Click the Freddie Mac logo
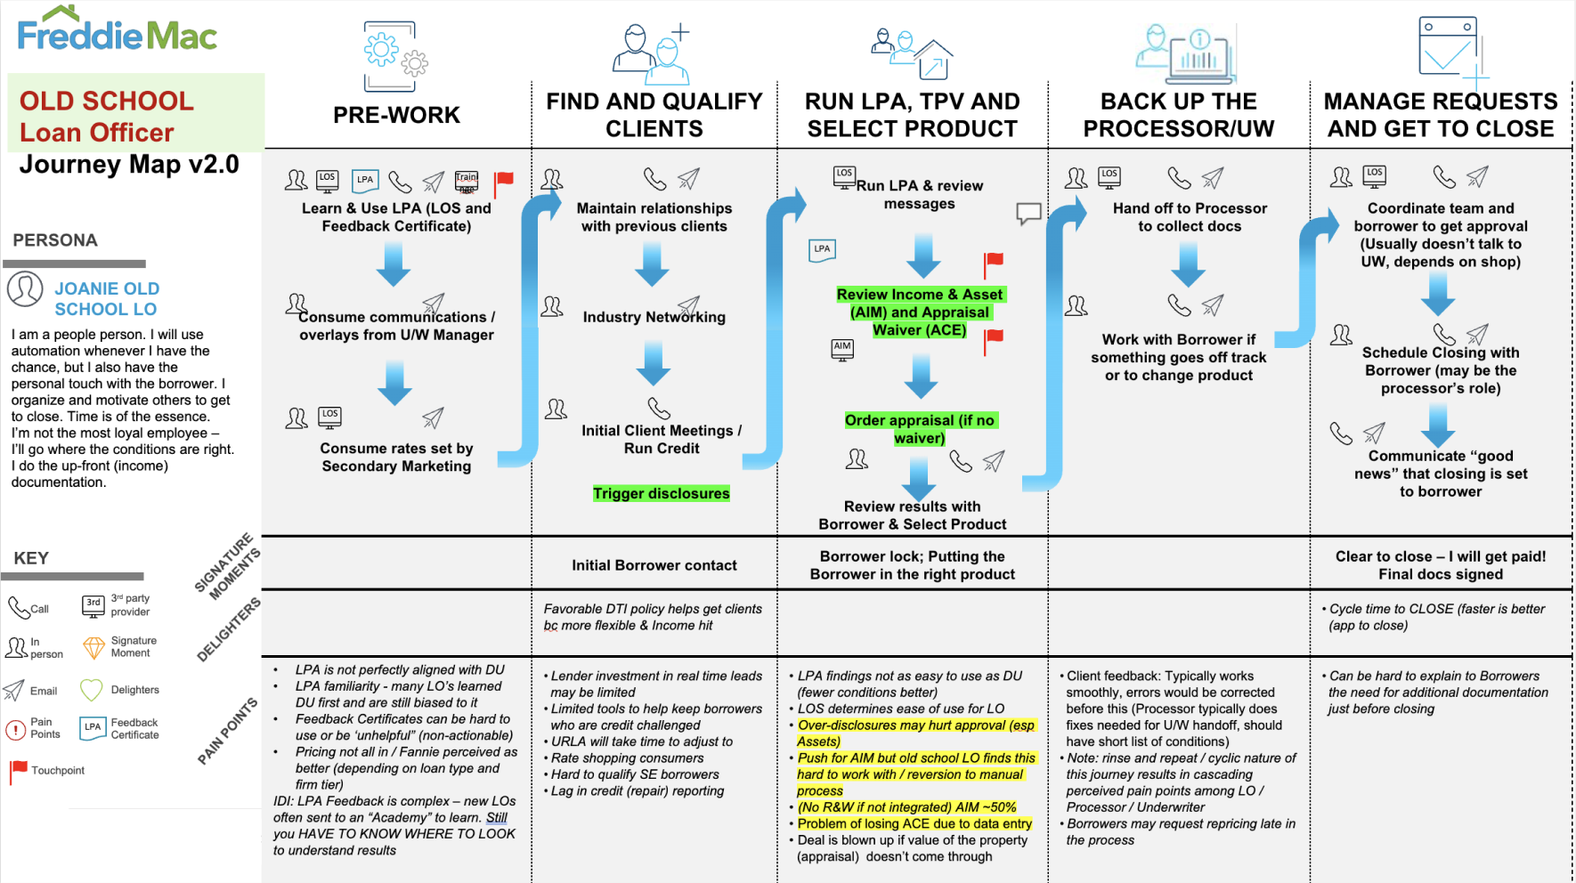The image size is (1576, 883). pos(117,31)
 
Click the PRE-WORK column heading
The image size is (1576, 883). pos(396,115)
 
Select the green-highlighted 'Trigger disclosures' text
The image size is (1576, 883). pos(661,493)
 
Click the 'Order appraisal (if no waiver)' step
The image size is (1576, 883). pos(920,429)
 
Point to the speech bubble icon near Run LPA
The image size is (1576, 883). pos(1028,213)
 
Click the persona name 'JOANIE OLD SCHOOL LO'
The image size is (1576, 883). pos(106,298)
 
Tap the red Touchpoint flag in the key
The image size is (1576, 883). pos(18,770)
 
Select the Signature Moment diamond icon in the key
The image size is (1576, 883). pos(93,647)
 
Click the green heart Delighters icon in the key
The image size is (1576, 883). pos(92,690)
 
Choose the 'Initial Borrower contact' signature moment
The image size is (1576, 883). pos(654,565)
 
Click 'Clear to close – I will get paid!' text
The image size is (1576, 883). pos(1440,556)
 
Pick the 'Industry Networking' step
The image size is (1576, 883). pos(654,317)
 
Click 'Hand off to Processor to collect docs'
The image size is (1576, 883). pos(1189,217)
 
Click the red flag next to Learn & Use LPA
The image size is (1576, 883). pos(504,181)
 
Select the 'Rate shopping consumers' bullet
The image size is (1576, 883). pos(627,758)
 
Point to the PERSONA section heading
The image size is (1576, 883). pos(55,240)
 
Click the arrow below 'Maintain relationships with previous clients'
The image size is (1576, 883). pos(652,263)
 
